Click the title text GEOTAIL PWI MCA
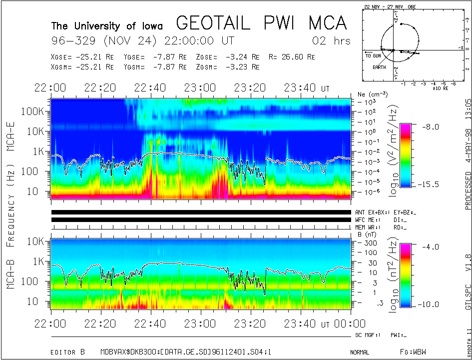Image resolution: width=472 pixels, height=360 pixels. (x=261, y=23)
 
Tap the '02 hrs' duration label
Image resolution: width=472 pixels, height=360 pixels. (x=331, y=40)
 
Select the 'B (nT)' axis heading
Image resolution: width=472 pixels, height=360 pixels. (x=367, y=234)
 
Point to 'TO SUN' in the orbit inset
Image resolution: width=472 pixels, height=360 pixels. (x=373, y=56)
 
